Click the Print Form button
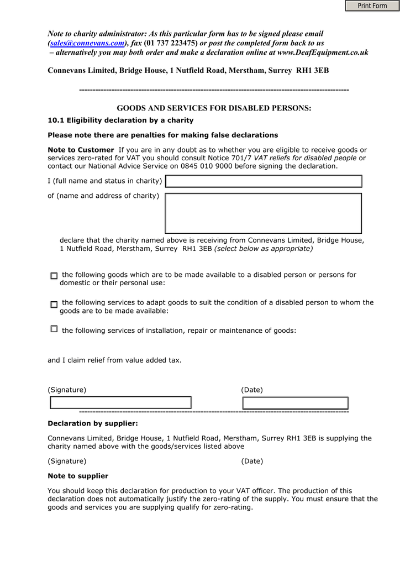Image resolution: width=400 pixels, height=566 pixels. point(372,6)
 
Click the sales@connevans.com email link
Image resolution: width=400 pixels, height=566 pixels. point(87,43)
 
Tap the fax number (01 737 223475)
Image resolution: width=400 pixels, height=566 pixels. point(170,43)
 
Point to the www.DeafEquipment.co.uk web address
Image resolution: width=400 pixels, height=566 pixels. point(323,53)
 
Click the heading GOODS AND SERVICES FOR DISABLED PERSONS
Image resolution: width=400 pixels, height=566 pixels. point(214,108)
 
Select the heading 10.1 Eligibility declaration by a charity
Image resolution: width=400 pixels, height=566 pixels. point(120,120)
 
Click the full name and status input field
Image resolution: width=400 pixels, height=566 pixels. point(264,181)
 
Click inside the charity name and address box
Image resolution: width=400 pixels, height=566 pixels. point(264,213)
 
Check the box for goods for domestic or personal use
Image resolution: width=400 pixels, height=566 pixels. point(54,276)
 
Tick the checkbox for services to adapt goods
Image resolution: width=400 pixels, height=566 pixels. point(54,304)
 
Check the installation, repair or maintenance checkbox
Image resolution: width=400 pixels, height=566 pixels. point(54,329)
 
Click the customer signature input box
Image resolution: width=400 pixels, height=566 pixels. point(120,403)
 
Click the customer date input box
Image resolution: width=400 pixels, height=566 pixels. point(296,403)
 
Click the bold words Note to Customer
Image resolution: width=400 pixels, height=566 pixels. point(81,150)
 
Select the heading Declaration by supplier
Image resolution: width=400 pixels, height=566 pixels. point(93,424)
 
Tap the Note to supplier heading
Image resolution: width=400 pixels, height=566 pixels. point(78,476)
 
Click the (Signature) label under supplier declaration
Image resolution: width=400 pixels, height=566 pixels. point(67,461)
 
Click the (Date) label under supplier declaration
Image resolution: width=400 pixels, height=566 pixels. point(252,461)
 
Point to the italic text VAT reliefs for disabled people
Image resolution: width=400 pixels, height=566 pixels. point(305,158)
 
